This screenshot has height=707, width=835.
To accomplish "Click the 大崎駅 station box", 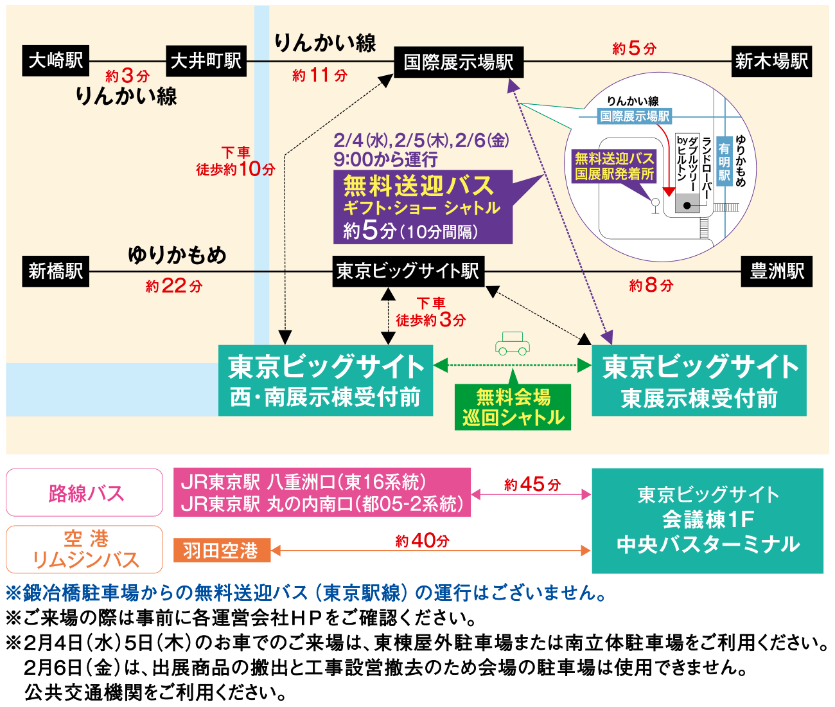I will click(x=56, y=61).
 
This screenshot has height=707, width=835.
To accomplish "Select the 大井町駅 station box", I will click(x=206, y=61).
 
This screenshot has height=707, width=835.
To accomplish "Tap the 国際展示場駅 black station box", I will click(x=459, y=62).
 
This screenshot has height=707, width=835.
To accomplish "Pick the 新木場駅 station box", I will click(x=771, y=62).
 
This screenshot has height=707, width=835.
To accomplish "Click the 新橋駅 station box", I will click(x=56, y=271).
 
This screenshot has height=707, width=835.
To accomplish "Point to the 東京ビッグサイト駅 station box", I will click(x=408, y=271).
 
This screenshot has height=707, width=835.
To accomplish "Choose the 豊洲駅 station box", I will click(x=777, y=271).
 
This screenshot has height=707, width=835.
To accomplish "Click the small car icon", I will click(x=512, y=343).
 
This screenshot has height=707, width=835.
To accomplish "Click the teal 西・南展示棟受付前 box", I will click(x=326, y=380).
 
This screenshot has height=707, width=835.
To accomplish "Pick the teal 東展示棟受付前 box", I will click(x=699, y=380).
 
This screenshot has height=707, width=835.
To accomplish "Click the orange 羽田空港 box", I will click(x=222, y=551).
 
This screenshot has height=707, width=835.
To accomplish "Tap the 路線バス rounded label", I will click(x=85, y=493).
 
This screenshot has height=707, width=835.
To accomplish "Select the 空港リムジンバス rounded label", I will click(x=85, y=550).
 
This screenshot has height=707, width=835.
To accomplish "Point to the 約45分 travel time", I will click(x=532, y=484).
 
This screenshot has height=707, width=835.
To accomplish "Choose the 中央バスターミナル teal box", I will click(x=707, y=521).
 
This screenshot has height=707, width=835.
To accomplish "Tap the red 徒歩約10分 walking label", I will click(x=236, y=161).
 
